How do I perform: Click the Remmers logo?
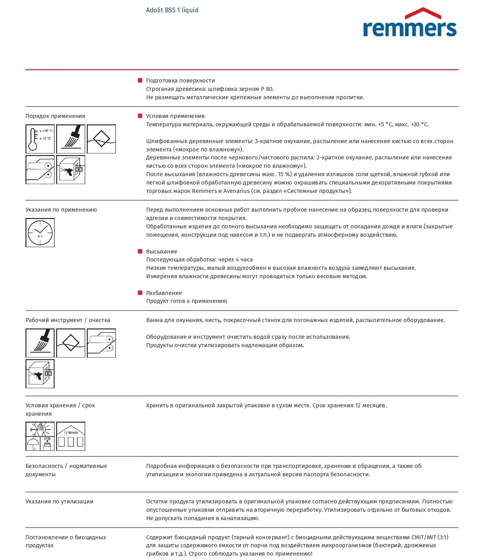[410, 23]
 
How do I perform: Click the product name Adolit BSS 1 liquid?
[172, 10]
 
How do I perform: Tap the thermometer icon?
[40, 139]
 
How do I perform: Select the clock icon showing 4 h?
[40, 232]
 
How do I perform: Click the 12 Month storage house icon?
[70, 436]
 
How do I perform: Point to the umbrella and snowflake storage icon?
[40, 436]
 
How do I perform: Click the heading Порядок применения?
[55, 116]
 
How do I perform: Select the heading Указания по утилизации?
[59, 501]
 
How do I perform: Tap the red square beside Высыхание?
[140, 252]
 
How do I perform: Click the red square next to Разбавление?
[140, 293]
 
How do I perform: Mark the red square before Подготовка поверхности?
[140, 81]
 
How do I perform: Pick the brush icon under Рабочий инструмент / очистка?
[40, 343]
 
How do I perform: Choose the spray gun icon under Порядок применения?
[70, 169]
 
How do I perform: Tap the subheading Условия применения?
[175, 116]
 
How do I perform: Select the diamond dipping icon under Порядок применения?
[101, 139]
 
